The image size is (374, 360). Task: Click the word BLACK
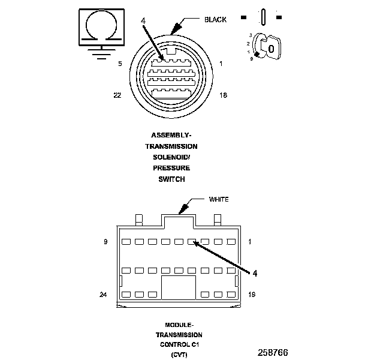(x=215, y=20)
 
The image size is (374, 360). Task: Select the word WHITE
(x=219, y=199)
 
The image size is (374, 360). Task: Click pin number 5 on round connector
(x=120, y=63)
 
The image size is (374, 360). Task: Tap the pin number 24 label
(x=103, y=295)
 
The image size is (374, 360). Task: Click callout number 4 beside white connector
(x=255, y=273)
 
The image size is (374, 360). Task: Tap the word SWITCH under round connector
(x=172, y=179)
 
